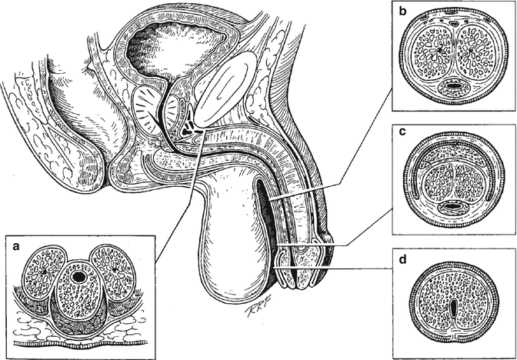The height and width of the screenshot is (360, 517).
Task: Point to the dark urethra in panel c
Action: [453, 206]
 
